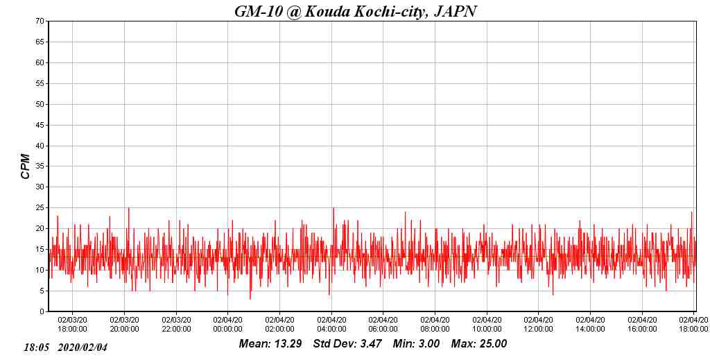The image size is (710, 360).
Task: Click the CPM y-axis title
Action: (x=26, y=166)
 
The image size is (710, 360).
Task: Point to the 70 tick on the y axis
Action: (x=41, y=21)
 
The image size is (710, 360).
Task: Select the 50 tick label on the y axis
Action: (x=41, y=104)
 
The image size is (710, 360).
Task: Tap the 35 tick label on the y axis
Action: (x=41, y=166)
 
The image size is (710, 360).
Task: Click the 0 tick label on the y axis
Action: (x=43, y=311)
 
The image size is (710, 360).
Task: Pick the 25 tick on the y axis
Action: (x=41, y=207)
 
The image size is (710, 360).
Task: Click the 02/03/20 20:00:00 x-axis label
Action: (x=124, y=324)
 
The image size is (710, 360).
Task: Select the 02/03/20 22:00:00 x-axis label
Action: (x=176, y=324)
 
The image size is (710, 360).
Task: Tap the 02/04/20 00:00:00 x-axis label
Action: (x=227, y=324)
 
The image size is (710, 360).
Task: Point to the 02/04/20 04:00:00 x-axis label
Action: (x=331, y=324)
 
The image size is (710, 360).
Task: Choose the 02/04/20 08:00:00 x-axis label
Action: (x=435, y=324)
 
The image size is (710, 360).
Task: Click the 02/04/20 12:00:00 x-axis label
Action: (x=538, y=324)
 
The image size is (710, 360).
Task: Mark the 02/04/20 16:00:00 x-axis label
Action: (x=642, y=324)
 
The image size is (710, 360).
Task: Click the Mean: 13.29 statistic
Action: (x=270, y=343)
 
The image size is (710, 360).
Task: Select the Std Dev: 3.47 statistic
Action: (x=347, y=343)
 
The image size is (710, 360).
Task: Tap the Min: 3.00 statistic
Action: (x=416, y=343)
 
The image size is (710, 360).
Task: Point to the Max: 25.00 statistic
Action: (x=479, y=343)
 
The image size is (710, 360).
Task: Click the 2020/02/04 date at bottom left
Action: (x=83, y=347)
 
